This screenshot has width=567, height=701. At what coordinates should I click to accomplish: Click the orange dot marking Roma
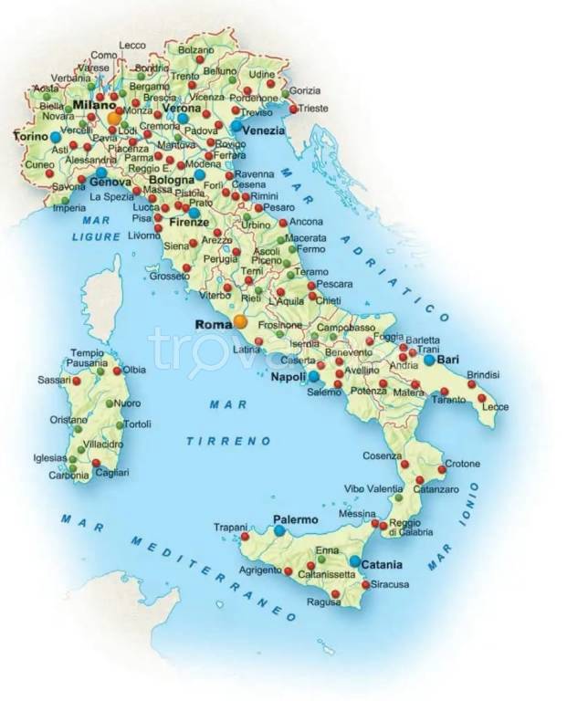pos(240,321)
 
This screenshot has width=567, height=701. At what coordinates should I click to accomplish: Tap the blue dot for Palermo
pos(280,530)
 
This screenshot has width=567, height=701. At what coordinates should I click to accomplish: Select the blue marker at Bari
pos(429,360)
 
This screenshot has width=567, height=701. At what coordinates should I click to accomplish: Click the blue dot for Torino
pos(57,137)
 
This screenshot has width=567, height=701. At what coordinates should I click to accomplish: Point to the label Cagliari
pos(114,472)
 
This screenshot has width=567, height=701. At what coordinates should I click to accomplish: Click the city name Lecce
pos(495,407)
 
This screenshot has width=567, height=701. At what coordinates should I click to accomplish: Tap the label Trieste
pos(313,109)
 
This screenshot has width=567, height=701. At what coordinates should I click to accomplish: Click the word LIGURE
pos(96,237)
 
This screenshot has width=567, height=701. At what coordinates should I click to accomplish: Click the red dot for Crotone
pos(442,469)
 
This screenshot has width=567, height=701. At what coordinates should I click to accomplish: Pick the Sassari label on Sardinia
pos(54,380)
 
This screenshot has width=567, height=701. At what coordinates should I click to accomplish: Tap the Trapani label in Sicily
pos(230,528)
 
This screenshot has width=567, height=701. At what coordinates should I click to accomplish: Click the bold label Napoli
pos(289,377)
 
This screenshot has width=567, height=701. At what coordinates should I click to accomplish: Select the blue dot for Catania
pos(354,561)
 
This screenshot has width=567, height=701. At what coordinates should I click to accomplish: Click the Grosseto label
pos(169,276)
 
